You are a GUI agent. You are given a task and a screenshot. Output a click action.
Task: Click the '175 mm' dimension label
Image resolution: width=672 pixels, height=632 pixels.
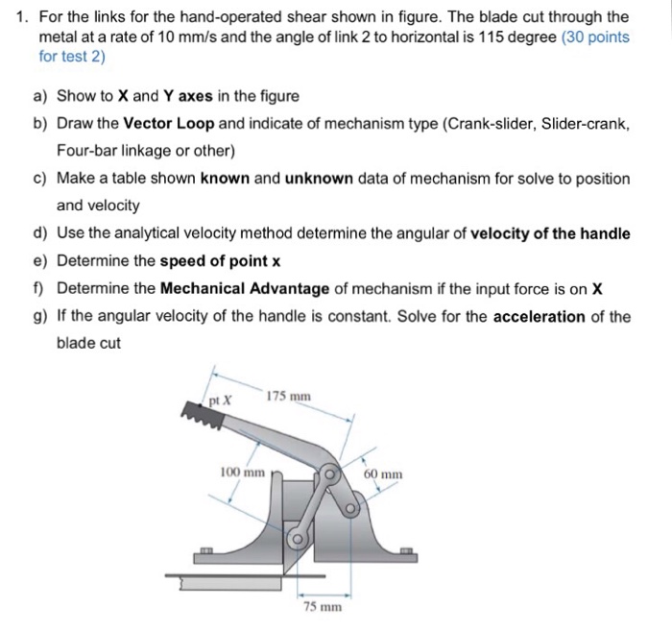[x=288, y=397]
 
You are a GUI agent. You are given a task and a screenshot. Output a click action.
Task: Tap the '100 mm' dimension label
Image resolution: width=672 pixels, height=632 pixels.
[x=242, y=473]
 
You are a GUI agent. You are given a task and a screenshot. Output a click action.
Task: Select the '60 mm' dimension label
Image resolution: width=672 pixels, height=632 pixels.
[x=384, y=474]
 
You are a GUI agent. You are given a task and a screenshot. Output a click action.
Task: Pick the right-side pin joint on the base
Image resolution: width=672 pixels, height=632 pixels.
[x=352, y=506]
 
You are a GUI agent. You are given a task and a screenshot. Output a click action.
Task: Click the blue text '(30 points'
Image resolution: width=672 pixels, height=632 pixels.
[x=595, y=37]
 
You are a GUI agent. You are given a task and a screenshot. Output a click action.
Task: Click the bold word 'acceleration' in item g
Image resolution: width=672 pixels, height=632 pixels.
[x=539, y=316]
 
